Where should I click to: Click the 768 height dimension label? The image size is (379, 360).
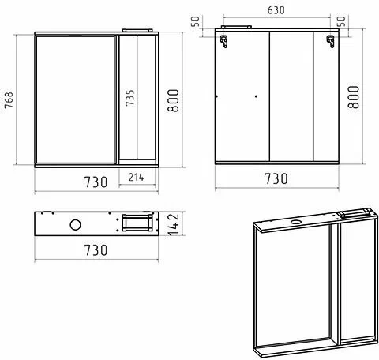9,100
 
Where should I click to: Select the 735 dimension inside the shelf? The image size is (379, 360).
130,98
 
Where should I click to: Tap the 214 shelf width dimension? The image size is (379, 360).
137,177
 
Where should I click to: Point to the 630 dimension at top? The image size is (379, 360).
276,10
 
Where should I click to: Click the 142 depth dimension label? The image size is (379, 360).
174,224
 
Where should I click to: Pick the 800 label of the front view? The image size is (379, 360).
174,101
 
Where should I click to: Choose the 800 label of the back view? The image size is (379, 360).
354,97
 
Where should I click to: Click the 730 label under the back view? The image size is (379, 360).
276,179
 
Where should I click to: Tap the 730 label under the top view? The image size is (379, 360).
96,250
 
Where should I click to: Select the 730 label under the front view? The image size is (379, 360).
96,182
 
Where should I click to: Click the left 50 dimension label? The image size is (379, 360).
195,21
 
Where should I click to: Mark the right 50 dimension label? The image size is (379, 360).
341,21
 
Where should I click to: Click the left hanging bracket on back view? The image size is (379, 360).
223,41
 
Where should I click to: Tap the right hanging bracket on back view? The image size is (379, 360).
331,41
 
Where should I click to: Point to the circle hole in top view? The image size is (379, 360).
76,225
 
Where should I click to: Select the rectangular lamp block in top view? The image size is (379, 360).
137,223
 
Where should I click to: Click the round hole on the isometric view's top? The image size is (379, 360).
297,221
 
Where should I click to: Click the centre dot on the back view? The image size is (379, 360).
256,96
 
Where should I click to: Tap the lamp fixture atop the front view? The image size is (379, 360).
137,31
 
